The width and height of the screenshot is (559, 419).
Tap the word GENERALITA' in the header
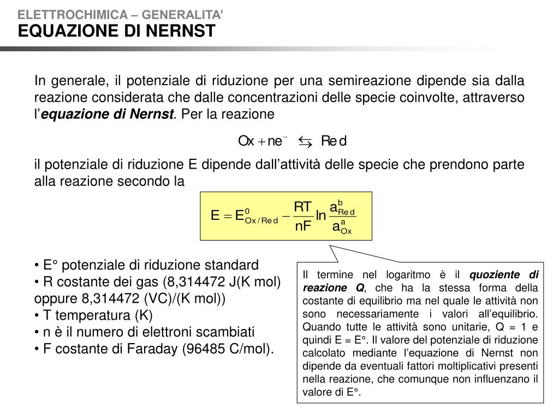click(182, 15)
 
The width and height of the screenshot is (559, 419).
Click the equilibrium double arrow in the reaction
click(305, 142)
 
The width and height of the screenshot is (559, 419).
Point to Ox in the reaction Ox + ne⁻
click(246, 141)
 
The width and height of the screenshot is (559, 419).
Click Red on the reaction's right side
click(334, 141)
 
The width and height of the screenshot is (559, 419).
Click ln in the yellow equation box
click(321, 216)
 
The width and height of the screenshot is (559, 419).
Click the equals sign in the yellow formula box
click(227, 216)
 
